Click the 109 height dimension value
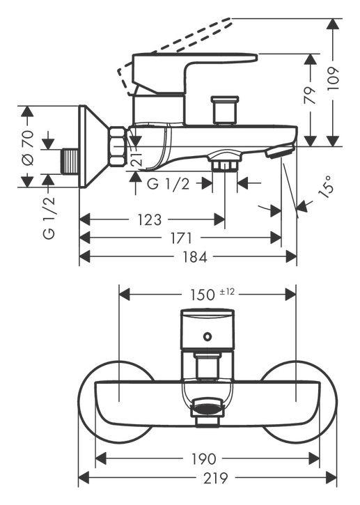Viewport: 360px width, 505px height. [334, 79]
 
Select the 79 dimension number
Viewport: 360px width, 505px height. [311, 95]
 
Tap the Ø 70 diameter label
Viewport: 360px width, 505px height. [29, 147]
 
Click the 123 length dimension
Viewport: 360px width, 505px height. [150, 220]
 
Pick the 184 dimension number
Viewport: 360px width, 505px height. [195, 257]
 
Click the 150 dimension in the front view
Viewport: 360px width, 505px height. [201, 295]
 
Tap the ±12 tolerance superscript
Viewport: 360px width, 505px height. [227, 292]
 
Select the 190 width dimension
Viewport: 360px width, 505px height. [203, 459]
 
